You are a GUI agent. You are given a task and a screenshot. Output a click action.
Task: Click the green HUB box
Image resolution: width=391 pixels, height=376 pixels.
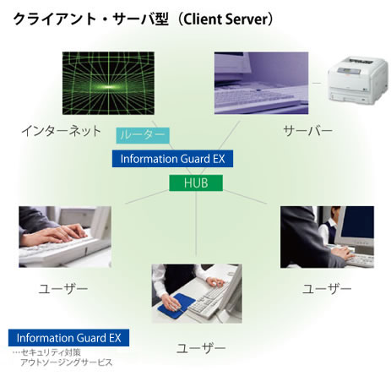pos(196,183)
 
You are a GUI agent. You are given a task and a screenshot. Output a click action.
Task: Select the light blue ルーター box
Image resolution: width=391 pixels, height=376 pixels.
pos(143,135)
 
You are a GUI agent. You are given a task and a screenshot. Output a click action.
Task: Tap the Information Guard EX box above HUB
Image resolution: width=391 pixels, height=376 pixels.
pos(172,159)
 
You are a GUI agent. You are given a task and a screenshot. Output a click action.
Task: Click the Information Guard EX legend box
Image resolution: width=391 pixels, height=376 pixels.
pos(68,338)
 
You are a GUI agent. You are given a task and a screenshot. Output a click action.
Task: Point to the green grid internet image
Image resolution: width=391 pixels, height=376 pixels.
pos(108,83)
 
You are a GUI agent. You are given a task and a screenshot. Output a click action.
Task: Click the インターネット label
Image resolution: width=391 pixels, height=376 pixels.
pos(61,131)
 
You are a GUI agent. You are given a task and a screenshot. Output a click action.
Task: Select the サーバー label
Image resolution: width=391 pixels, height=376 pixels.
pos(307,131)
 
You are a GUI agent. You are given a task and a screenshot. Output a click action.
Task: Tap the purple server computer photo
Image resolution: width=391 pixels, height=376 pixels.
pos(261,83)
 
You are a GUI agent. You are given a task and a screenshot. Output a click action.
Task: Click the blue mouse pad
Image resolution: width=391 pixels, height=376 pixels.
pos(176,306)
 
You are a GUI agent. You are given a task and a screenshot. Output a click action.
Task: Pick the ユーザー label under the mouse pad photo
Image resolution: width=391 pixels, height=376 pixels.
pos(201,348)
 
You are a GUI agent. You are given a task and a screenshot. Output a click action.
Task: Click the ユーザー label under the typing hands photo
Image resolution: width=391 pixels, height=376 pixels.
pos(63,289)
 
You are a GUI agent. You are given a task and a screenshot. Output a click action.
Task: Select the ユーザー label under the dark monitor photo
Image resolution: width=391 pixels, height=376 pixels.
pos(327,289)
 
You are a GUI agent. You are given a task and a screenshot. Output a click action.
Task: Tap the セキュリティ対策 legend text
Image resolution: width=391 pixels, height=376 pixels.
pos(52,352)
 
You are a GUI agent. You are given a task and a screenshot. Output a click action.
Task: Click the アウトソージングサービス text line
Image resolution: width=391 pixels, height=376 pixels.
pos(66,362)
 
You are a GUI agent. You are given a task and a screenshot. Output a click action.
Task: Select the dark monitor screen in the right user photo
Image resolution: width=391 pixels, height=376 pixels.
pos(357,222)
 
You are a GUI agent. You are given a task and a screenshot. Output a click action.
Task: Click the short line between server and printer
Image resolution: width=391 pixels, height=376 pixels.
pos(317,83)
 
